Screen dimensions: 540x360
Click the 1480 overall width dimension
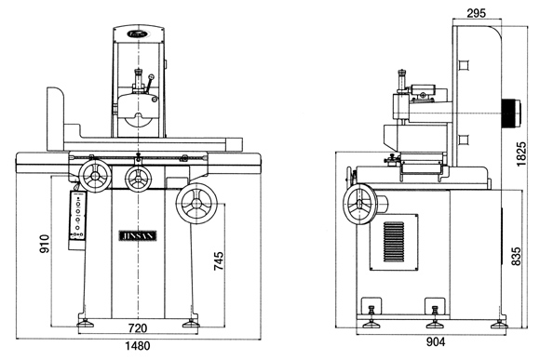(138, 345)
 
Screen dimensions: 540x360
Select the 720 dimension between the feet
(138, 328)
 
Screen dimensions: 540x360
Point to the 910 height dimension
(45, 244)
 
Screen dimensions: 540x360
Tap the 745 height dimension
(219, 260)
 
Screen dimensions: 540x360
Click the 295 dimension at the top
(477, 13)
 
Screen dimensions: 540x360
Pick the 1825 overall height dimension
(521, 153)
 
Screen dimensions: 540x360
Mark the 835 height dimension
(516, 256)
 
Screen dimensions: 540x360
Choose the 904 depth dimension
(436, 341)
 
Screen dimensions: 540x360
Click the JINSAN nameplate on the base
(138, 235)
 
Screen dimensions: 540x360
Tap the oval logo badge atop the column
(138, 34)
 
